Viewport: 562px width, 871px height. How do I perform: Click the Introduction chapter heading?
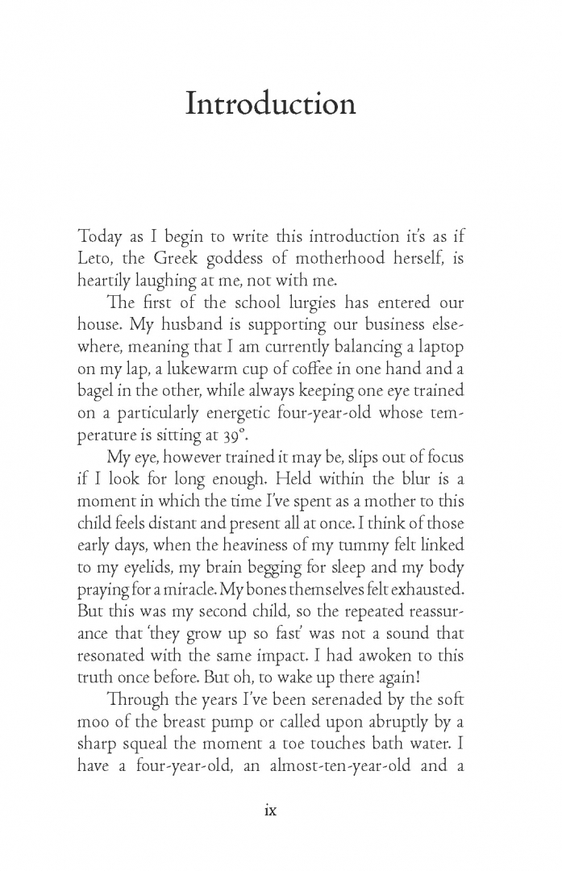(270, 104)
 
